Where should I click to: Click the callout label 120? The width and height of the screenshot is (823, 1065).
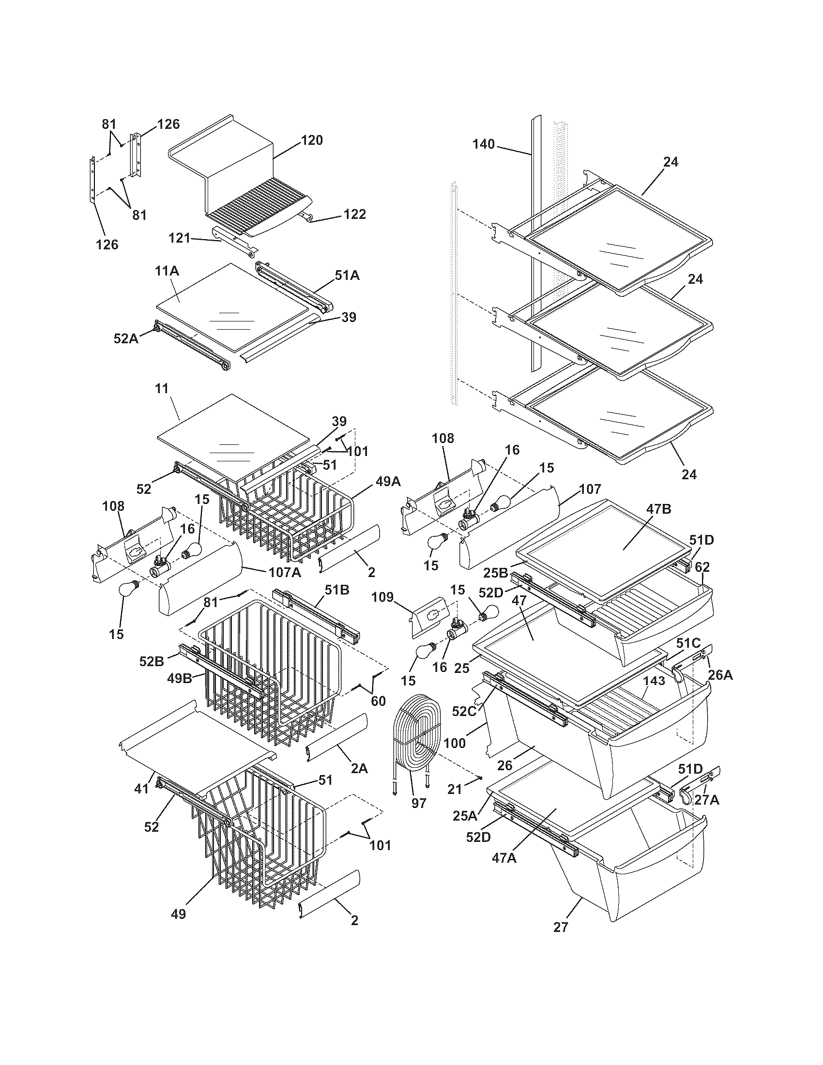click(x=312, y=140)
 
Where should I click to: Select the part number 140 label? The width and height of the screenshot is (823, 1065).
click(x=483, y=144)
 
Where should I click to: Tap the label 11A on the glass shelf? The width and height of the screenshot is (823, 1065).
click(x=167, y=272)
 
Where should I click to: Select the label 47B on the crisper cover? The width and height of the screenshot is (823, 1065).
click(x=659, y=509)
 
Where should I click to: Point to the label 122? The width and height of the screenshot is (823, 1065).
click(x=354, y=214)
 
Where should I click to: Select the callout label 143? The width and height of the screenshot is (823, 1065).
click(x=655, y=681)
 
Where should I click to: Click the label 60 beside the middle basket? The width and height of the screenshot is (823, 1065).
click(x=378, y=702)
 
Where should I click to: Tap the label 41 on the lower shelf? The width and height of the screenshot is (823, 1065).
click(x=141, y=788)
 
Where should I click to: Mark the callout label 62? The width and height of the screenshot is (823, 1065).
click(x=702, y=567)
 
